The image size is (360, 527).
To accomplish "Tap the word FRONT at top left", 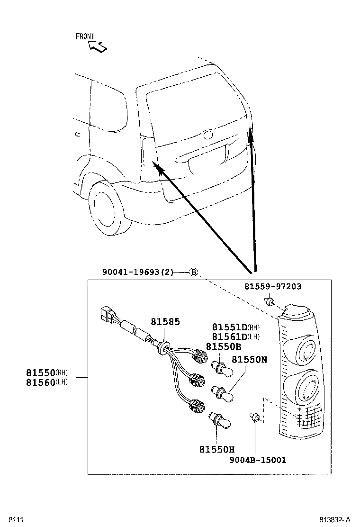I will click(x=85, y=36).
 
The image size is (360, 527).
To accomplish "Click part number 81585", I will click(x=165, y=322).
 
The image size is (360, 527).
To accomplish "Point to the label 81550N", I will click(x=249, y=360).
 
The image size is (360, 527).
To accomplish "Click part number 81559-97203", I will click(x=273, y=286).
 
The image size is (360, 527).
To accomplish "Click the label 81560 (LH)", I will click(x=47, y=382).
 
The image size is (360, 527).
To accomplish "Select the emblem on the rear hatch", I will click(x=207, y=136).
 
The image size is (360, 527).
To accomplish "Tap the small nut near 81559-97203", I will click(x=270, y=301).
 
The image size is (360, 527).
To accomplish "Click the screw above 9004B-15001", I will click(x=255, y=418).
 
